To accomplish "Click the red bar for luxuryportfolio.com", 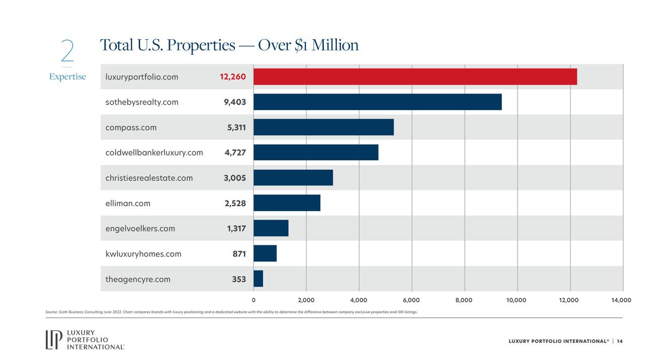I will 415,77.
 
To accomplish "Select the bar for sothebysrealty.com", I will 377,102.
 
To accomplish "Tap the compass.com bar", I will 323,127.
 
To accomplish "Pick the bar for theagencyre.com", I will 258,279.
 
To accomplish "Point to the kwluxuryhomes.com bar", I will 265,253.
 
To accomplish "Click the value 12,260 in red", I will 233,77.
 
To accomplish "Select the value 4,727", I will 235,152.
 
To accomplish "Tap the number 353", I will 239,279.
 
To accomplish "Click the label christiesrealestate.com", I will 149,178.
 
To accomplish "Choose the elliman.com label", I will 128,203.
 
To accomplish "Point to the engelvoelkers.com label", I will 140,228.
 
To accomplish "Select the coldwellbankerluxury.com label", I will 154,152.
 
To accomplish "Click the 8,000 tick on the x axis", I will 464,300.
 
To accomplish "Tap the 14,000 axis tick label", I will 621,300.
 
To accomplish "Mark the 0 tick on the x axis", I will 254,300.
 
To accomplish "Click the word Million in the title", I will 335,45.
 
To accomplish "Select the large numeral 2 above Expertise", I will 67,51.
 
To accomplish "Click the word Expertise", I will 67,76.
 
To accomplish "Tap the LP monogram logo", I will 53,339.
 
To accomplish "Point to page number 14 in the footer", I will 620,341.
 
